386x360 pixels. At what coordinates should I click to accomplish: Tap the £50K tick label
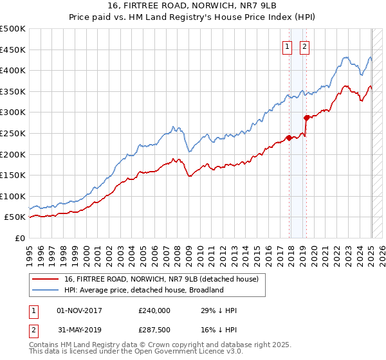point(15,217)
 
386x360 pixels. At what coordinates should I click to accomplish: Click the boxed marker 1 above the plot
point(286,46)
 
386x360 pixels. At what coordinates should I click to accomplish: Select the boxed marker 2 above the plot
point(304,46)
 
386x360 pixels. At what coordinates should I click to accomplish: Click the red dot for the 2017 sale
point(289,138)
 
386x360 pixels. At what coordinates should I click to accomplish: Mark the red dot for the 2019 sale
point(306,118)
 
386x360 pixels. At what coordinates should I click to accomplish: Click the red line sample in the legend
point(46,279)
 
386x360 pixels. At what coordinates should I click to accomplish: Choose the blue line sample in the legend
point(46,290)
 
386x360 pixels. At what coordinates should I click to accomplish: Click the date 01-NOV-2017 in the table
point(79,310)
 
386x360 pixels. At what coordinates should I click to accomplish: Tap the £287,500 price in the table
point(155,330)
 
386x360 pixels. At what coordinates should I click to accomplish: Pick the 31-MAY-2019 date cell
point(79,330)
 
